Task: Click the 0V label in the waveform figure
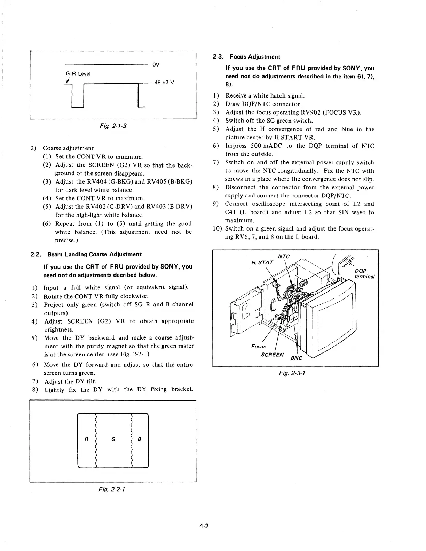pyautogui.click(x=156, y=64)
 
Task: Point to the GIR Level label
pyautogui.click(x=78, y=73)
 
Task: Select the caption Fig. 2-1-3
pyautogui.click(x=113, y=125)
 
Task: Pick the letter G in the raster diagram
pyautogui.click(x=113, y=439)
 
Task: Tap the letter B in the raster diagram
pyautogui.click(x=139, y=439)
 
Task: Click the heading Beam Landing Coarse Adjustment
pyautogui.click(x=94, y=254)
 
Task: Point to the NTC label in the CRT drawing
pyautogui.click(x=284, y=256)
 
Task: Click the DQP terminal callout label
pyautogui.click(x=364, y=274)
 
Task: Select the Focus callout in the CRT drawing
pyautogui.click(x=258, y=346)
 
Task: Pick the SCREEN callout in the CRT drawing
pyautogui.click(x=273, y=354)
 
